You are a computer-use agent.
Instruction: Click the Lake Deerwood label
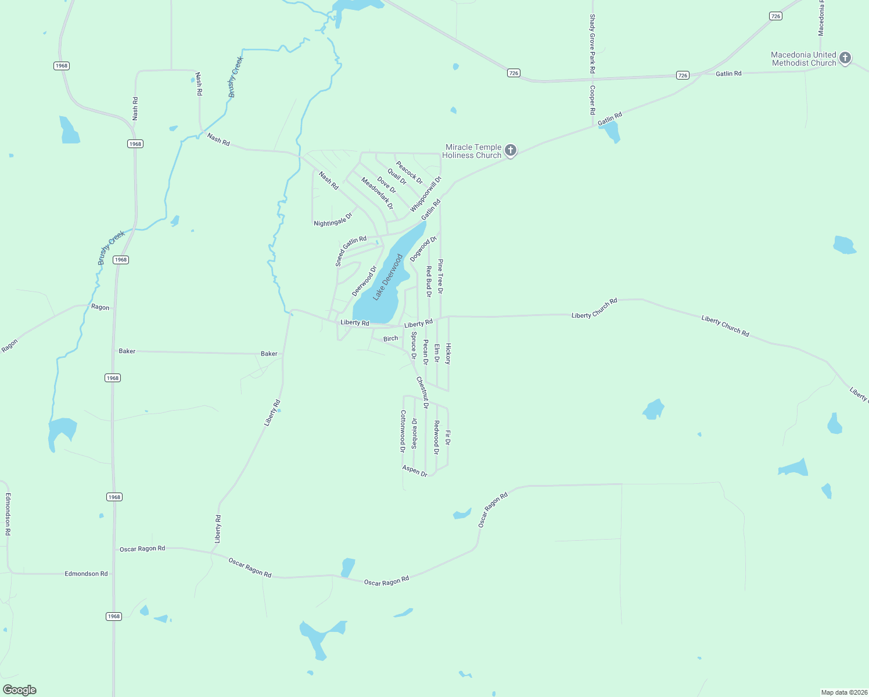pos(387,277)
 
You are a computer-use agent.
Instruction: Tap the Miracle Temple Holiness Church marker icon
pos(511,151)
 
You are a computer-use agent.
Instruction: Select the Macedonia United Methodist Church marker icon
pos(845,58)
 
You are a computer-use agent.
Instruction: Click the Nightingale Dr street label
pos(333,220)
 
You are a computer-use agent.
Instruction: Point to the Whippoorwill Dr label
pos(426,195)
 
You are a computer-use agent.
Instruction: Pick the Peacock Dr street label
pos(410,173)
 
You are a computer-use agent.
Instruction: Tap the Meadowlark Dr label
pos(377,193)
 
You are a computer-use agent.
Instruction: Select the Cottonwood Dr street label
pos(403,431)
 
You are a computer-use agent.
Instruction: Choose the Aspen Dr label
pos(415,471)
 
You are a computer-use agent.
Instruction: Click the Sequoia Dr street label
pos(414,433)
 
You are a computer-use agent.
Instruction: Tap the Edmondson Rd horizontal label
pos(86,574)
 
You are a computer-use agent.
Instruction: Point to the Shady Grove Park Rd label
pos(592,44)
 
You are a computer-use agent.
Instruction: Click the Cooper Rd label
pos(592,100)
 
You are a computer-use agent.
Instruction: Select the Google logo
pos(20,690)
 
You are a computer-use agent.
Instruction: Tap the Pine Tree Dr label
pos(440,276)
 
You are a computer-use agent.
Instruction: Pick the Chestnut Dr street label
pos(422,392)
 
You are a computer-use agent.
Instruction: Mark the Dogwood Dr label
pos(423,249)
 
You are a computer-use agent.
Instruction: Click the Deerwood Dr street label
pos(364,281)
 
